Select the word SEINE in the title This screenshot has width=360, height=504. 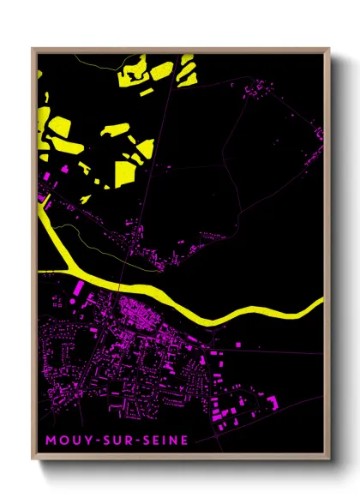[x=154, y=441]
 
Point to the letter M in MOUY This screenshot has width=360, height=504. [x=45, y=441]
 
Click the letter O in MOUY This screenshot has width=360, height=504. [x=57, y=441]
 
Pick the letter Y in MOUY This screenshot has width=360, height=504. [x=81, y=441]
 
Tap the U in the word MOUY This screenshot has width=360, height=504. [x=70, y=441]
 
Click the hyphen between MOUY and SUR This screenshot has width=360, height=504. [x=89, y=442]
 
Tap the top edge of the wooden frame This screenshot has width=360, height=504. [x=180, y=50]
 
